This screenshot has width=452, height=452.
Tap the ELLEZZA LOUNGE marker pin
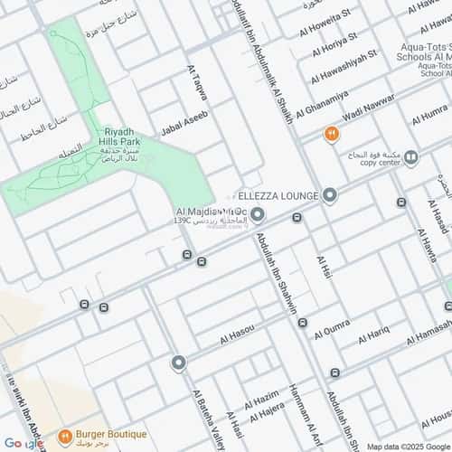[x=331, y=195]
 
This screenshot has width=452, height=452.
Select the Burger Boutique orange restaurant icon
[x=65, y=438]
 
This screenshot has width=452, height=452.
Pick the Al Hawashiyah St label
[x=342, y=73]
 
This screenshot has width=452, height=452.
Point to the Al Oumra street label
[x=333, y=334]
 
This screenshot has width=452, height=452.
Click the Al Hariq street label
[x=373, y=338]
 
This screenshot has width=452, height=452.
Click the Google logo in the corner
[x=20, y=443]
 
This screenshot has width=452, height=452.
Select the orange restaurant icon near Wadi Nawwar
[x=332, y=135]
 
